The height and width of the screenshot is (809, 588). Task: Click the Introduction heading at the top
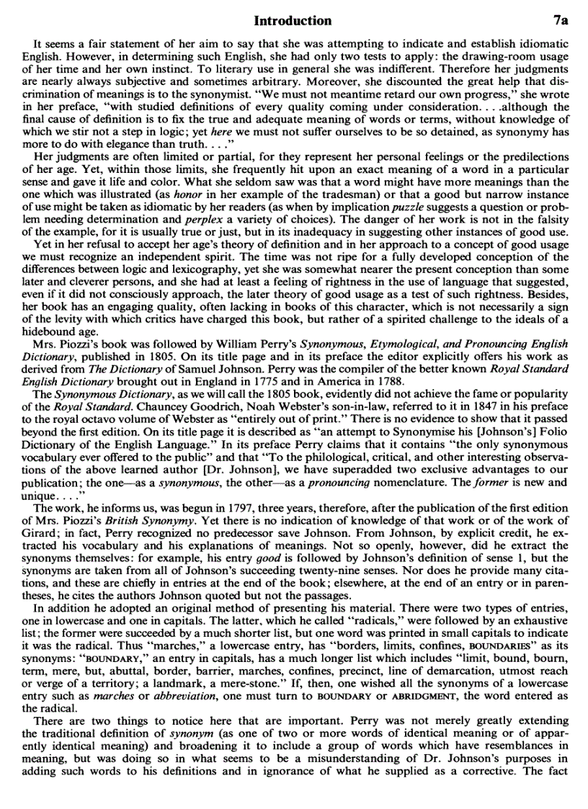293,20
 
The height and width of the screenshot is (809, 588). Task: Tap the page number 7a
558,20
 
